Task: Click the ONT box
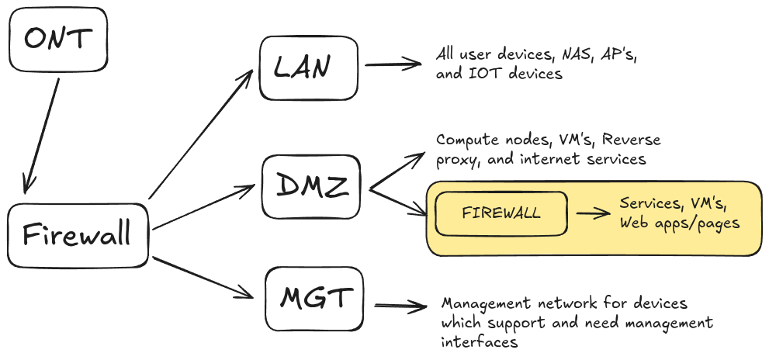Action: (57, 39)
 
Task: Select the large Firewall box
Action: (78, 235)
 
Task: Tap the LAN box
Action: (309, 68)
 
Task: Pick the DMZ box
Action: (311, 187)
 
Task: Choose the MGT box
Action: (313, 298)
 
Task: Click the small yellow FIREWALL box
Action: (501, 212)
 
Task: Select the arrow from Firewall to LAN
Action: (202, 132)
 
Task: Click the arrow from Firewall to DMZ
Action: (206, 206)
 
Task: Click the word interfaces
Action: (479, 341)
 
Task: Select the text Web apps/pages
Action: (680, 223)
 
